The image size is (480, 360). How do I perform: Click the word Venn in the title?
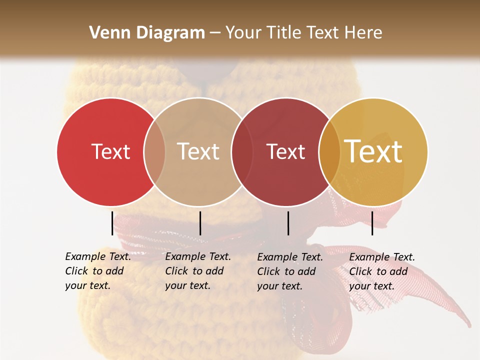(106, 33)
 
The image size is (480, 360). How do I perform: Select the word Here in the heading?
(364, 33)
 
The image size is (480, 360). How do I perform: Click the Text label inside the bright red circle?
(110, 151)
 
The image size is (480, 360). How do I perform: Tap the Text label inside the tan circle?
(198, 151)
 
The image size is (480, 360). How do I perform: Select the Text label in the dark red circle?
(285, 151)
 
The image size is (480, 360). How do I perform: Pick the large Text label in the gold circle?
(373, 151)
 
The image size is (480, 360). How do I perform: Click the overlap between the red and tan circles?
(154, 151)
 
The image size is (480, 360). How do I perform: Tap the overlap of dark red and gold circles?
(329, 151)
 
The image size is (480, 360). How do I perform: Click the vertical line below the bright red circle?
(112, 223)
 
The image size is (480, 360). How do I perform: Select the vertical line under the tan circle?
(200, 223)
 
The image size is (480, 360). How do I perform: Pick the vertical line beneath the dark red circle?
(288, 223)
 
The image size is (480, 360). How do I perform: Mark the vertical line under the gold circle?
(372, 223)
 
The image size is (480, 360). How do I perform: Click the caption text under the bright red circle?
(97, 271)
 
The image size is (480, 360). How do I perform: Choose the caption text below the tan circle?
(197, 271)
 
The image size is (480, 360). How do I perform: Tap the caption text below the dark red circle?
(289, 271)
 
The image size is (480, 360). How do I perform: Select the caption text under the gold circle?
(381, 271)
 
